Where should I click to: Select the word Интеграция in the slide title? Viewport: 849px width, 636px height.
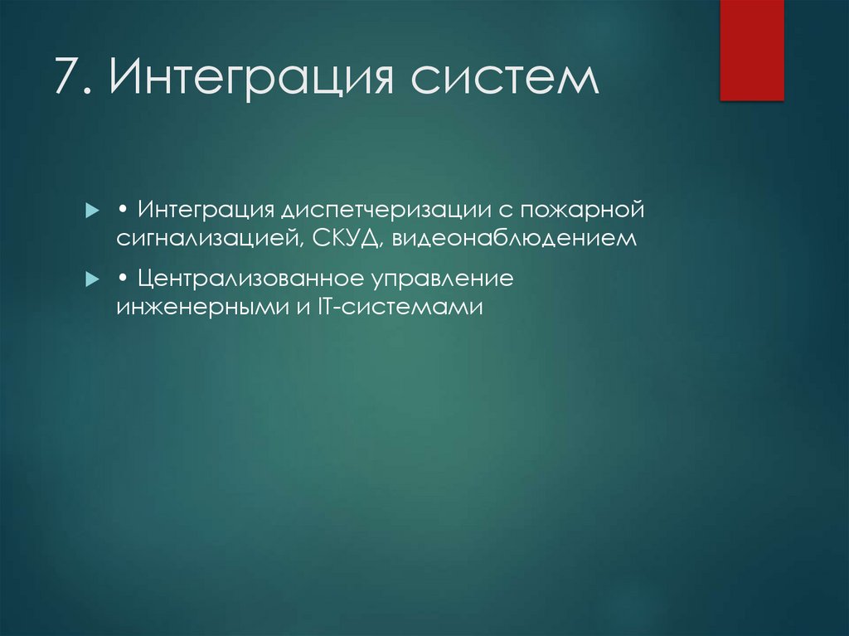click(x=247, y=80)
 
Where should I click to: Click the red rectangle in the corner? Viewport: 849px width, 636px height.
click(x=751, y=50)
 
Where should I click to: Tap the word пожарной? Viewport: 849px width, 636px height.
click(x=582, y=210)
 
